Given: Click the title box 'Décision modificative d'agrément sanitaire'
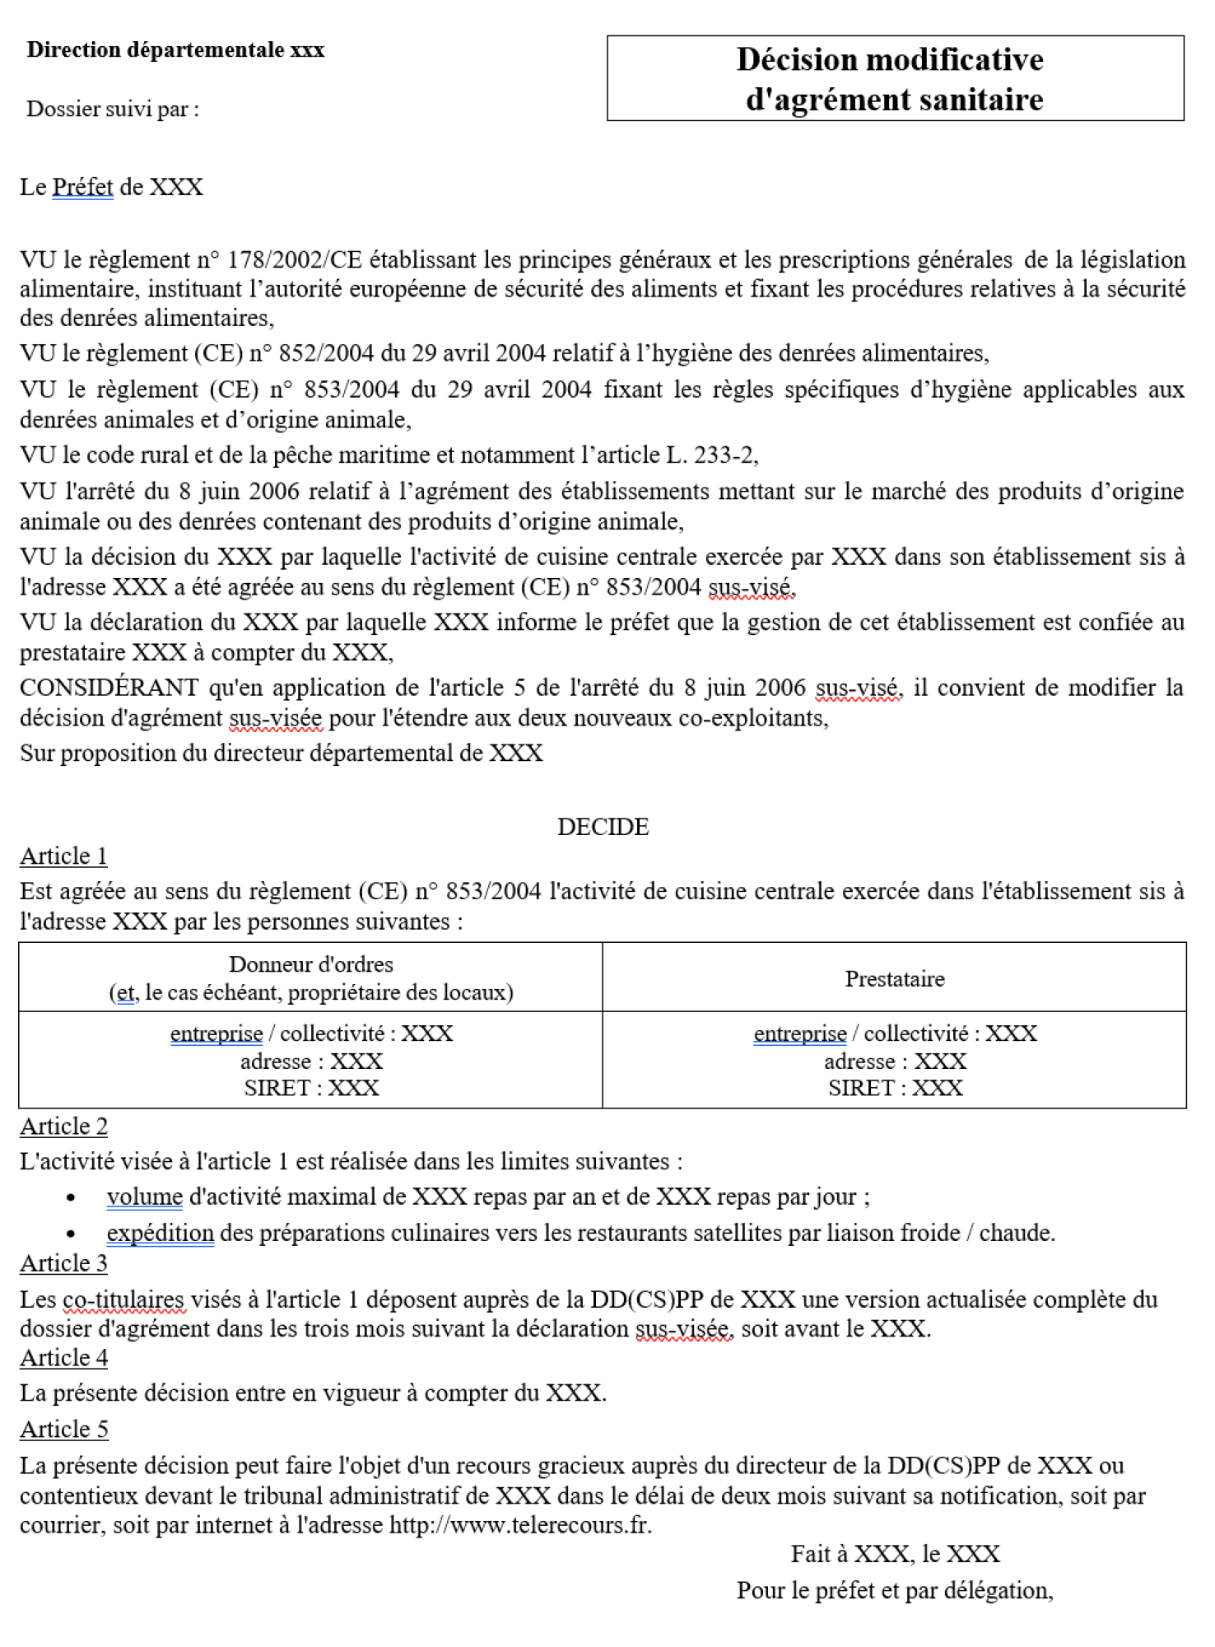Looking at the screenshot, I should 894,79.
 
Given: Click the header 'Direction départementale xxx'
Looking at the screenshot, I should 175,49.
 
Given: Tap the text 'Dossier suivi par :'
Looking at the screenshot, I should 113,109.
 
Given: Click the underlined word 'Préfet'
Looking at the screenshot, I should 82,187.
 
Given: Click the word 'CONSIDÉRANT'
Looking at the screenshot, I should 109,687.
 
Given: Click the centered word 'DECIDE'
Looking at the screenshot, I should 603,826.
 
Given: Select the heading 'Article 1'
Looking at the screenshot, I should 63,856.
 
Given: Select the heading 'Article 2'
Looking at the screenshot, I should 63,1126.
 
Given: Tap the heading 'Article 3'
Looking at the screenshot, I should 63,1262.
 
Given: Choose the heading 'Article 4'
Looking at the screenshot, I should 63,1357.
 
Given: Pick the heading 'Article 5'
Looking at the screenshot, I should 63,1429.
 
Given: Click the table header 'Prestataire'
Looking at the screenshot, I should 894,978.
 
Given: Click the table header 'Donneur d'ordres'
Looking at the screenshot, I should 310,964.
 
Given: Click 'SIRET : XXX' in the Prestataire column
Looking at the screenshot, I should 895,1088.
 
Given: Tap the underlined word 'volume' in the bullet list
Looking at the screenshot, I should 144,1197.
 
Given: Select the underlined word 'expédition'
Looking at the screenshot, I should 160,1233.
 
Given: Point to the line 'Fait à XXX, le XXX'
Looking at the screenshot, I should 895,1554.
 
